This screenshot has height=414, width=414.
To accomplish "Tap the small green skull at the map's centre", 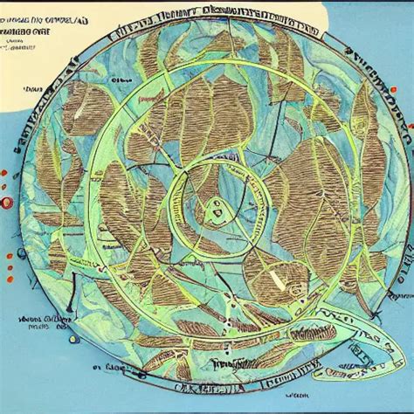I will (212, 207).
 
